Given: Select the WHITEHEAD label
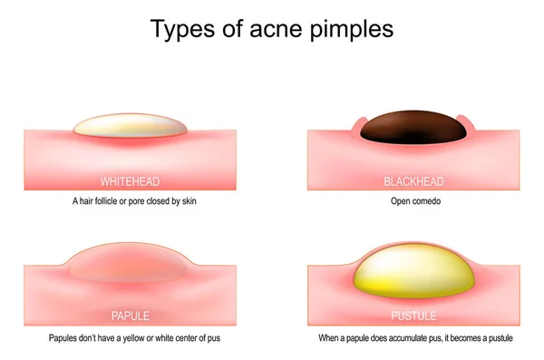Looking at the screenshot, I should pos(130,181).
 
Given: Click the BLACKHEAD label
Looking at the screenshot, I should pos(413,181).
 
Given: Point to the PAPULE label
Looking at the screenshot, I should pos(130,316).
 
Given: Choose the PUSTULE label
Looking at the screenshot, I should pos(413,316).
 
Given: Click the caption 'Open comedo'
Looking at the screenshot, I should pos(413,201).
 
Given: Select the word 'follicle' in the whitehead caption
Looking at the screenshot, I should pos(107,201).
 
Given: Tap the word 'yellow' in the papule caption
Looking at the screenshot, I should pos(131,339).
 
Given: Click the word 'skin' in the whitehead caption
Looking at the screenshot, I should pos(189,201).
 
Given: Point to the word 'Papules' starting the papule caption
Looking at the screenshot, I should pos(64,339).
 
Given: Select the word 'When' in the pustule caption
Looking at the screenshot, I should pos(328,339).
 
